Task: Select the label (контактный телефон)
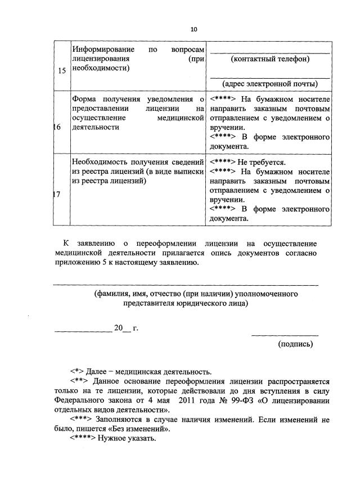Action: point(270,58)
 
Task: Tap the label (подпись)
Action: point(295,344)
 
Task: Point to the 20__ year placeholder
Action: point(121,328)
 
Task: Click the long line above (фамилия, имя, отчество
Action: point(186,285)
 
